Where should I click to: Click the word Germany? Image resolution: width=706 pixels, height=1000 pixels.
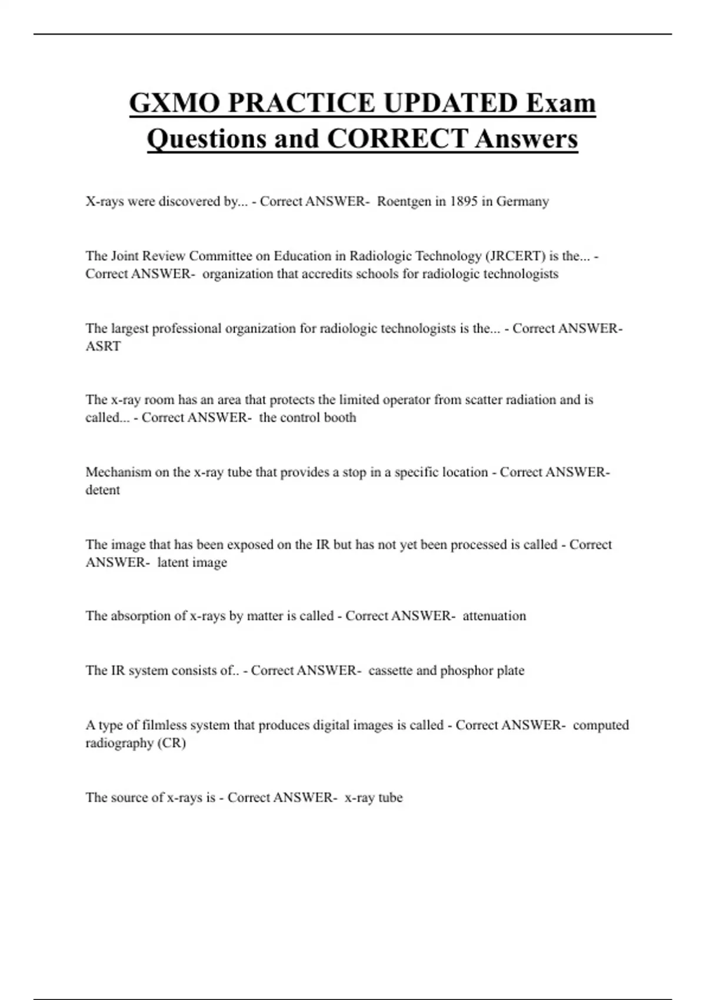[x=522, y=201]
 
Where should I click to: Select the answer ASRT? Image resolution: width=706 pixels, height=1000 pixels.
[x=103, y=346]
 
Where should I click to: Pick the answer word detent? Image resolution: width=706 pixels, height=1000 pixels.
[x=102, y=490]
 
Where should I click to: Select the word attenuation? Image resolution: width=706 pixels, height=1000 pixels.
[x=494, y=616]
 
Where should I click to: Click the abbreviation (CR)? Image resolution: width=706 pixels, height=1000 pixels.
[x=171, y=743]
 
